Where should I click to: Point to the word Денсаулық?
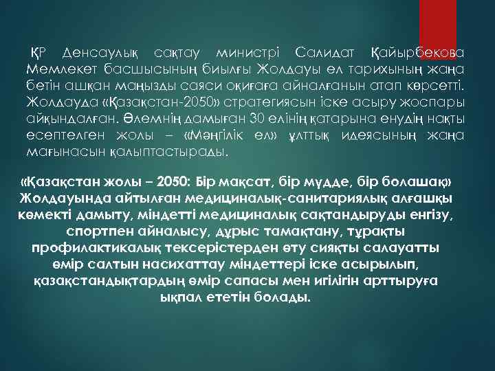[x=100, y=52]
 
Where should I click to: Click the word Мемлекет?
[x=61, y=69]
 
